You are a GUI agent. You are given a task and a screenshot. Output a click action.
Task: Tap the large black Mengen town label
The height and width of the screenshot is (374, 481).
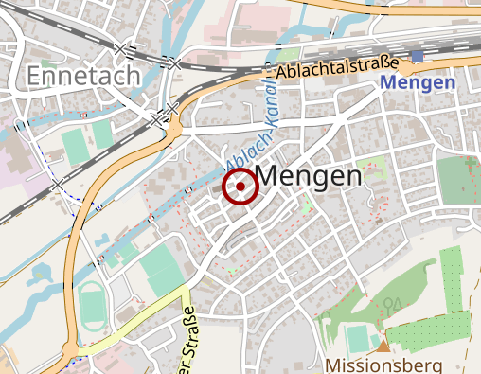pos(310,176)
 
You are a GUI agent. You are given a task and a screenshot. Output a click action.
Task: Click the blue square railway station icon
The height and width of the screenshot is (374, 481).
pos(418,58)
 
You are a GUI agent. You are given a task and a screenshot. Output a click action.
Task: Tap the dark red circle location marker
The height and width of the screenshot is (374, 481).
pos(240,187)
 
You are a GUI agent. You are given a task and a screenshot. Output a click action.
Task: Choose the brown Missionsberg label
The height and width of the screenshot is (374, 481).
pos(383,365)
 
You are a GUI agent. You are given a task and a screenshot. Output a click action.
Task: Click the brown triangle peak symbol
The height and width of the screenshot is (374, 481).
pos(383,346)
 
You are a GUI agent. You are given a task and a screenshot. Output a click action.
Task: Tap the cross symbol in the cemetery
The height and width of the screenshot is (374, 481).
pos(472,167)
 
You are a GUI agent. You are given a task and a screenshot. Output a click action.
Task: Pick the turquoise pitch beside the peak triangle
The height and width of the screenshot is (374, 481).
pos(357,337)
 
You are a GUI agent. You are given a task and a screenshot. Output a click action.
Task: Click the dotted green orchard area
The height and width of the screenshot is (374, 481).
pos(445,303)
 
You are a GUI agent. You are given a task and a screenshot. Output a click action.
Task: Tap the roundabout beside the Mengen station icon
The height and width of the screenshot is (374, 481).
pos(408,68)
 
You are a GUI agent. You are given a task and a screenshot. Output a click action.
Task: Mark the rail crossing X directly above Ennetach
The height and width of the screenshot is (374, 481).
pos(122,47)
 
